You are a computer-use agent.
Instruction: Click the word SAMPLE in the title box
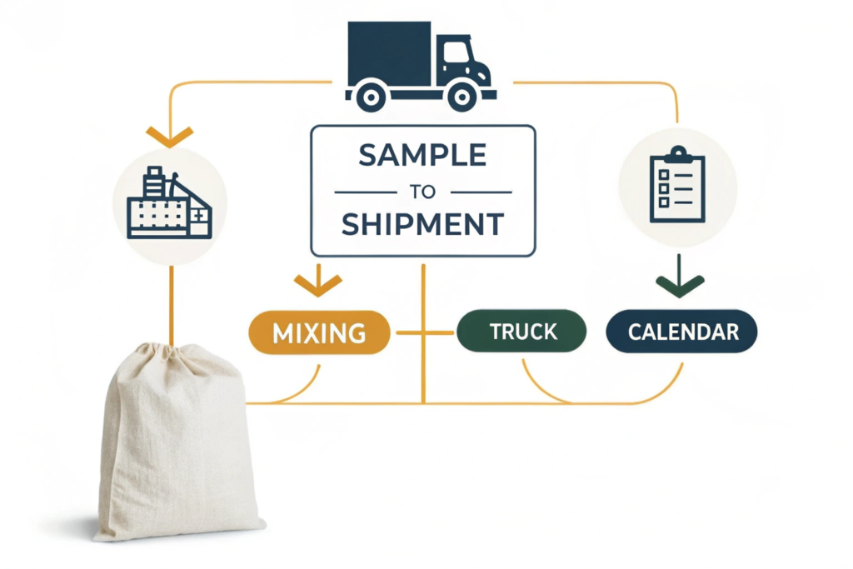click(x=423, y=155)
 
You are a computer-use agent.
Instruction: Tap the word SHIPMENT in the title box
click(x=423, y=223)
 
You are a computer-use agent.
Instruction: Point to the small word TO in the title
click(x=423, y=191)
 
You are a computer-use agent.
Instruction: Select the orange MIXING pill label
click(x=319, y=332)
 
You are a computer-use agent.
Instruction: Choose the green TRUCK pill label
click(x=522, y=331)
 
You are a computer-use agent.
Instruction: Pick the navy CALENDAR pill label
click(x=682, y=332)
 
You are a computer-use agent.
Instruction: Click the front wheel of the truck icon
click(x=463, y=97)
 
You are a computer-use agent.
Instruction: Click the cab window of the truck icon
click(x=456, y=53)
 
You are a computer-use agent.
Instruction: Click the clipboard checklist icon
click(x=676, y=185)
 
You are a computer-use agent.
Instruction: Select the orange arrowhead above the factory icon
click(x=169, y=136)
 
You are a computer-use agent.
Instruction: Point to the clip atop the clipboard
click(x=677, y=154)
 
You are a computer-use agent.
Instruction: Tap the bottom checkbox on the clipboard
click(x=664, y=202)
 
